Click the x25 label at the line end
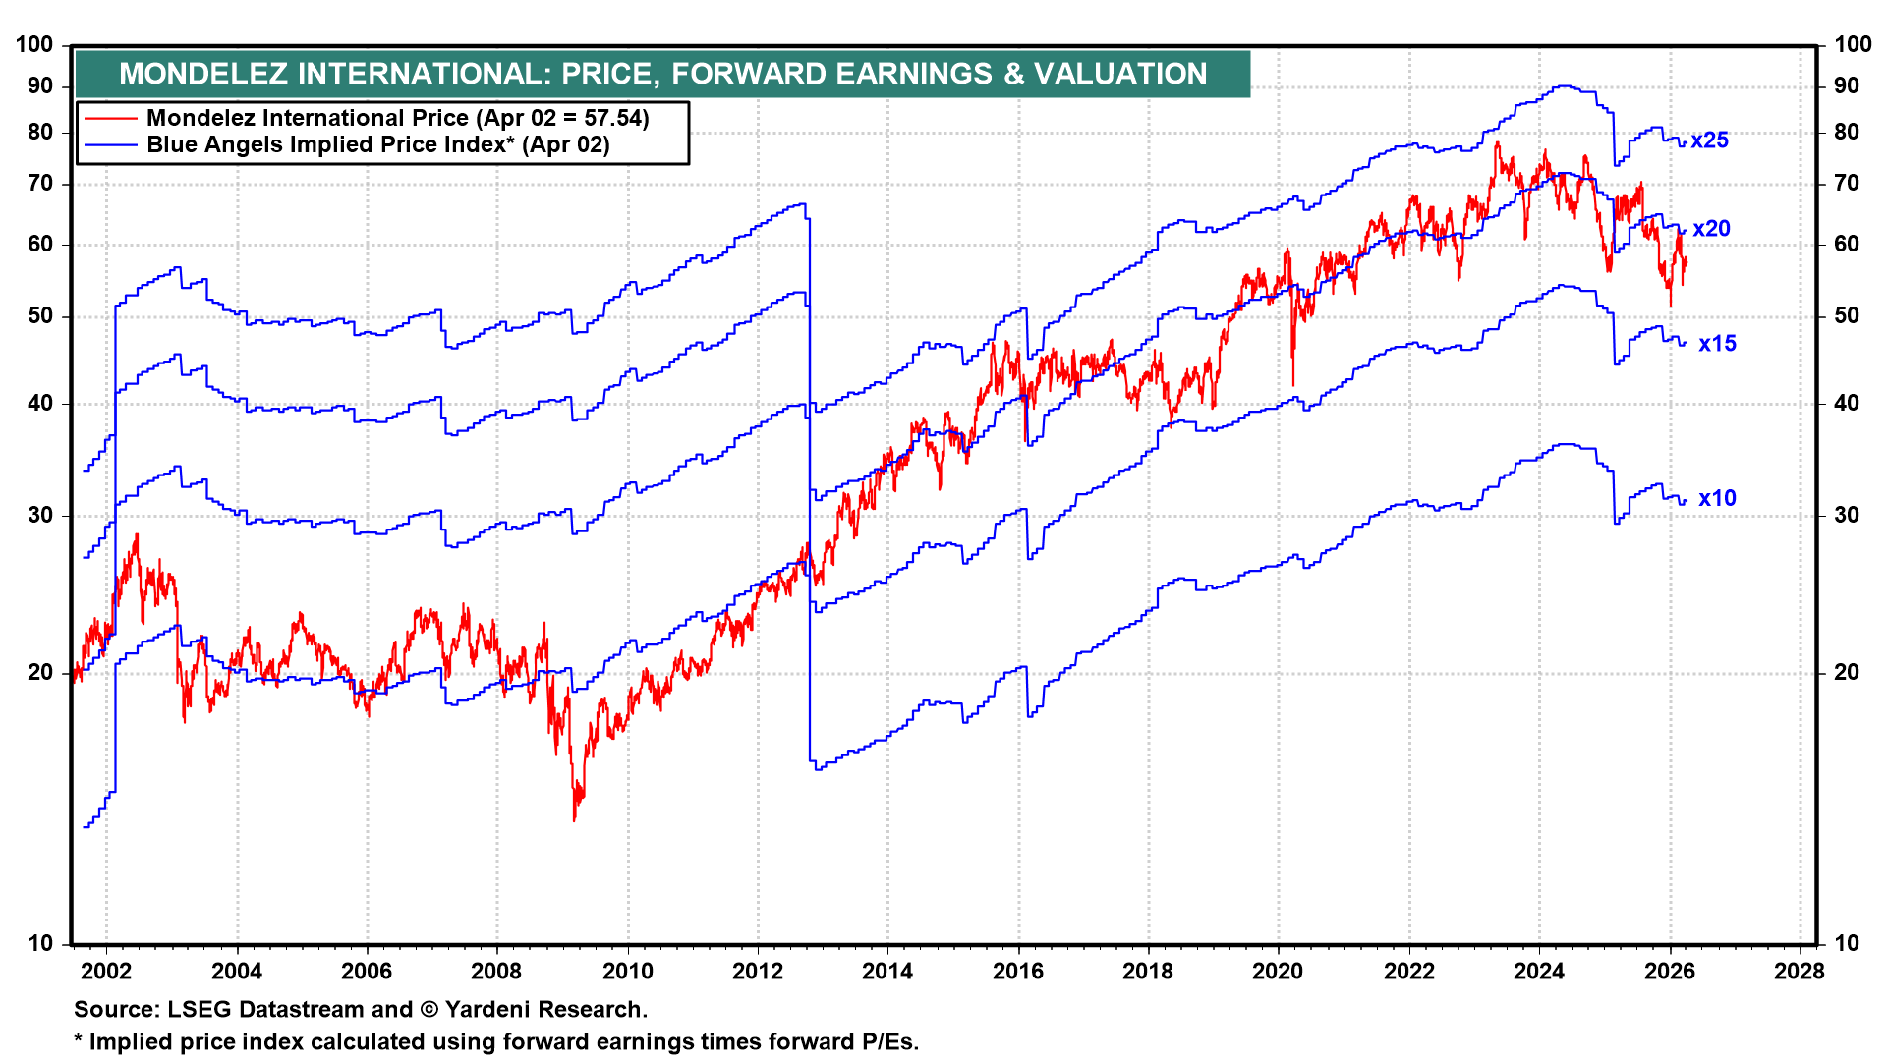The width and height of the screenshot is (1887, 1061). pos(1709,140)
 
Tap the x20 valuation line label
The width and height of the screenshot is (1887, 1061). pos(1711,229)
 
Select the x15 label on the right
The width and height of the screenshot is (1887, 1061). pos(1717,344)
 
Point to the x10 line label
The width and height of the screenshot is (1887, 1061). pos(1717,499)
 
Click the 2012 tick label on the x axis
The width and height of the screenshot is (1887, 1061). pos(758,972)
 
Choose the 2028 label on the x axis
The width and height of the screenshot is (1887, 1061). pos(1800,972)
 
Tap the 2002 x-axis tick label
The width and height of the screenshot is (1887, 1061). pos(105,972)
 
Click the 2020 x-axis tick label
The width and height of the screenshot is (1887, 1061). pos(1278,972)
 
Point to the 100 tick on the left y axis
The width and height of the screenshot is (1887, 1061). pos(34,44)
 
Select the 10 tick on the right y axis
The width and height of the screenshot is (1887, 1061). pos(1847,944)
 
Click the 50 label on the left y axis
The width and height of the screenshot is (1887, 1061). pos(40,316)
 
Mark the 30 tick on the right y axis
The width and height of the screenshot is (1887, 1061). pos(1847,515)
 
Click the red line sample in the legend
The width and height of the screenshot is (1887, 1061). pos(110,119)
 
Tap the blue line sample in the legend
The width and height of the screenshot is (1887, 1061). pos(110,145)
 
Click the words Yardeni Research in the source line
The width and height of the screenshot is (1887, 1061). pos(545,1010)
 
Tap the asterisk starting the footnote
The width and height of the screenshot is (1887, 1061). pos(79,1040)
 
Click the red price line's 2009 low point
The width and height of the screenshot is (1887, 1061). pos(575,818)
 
